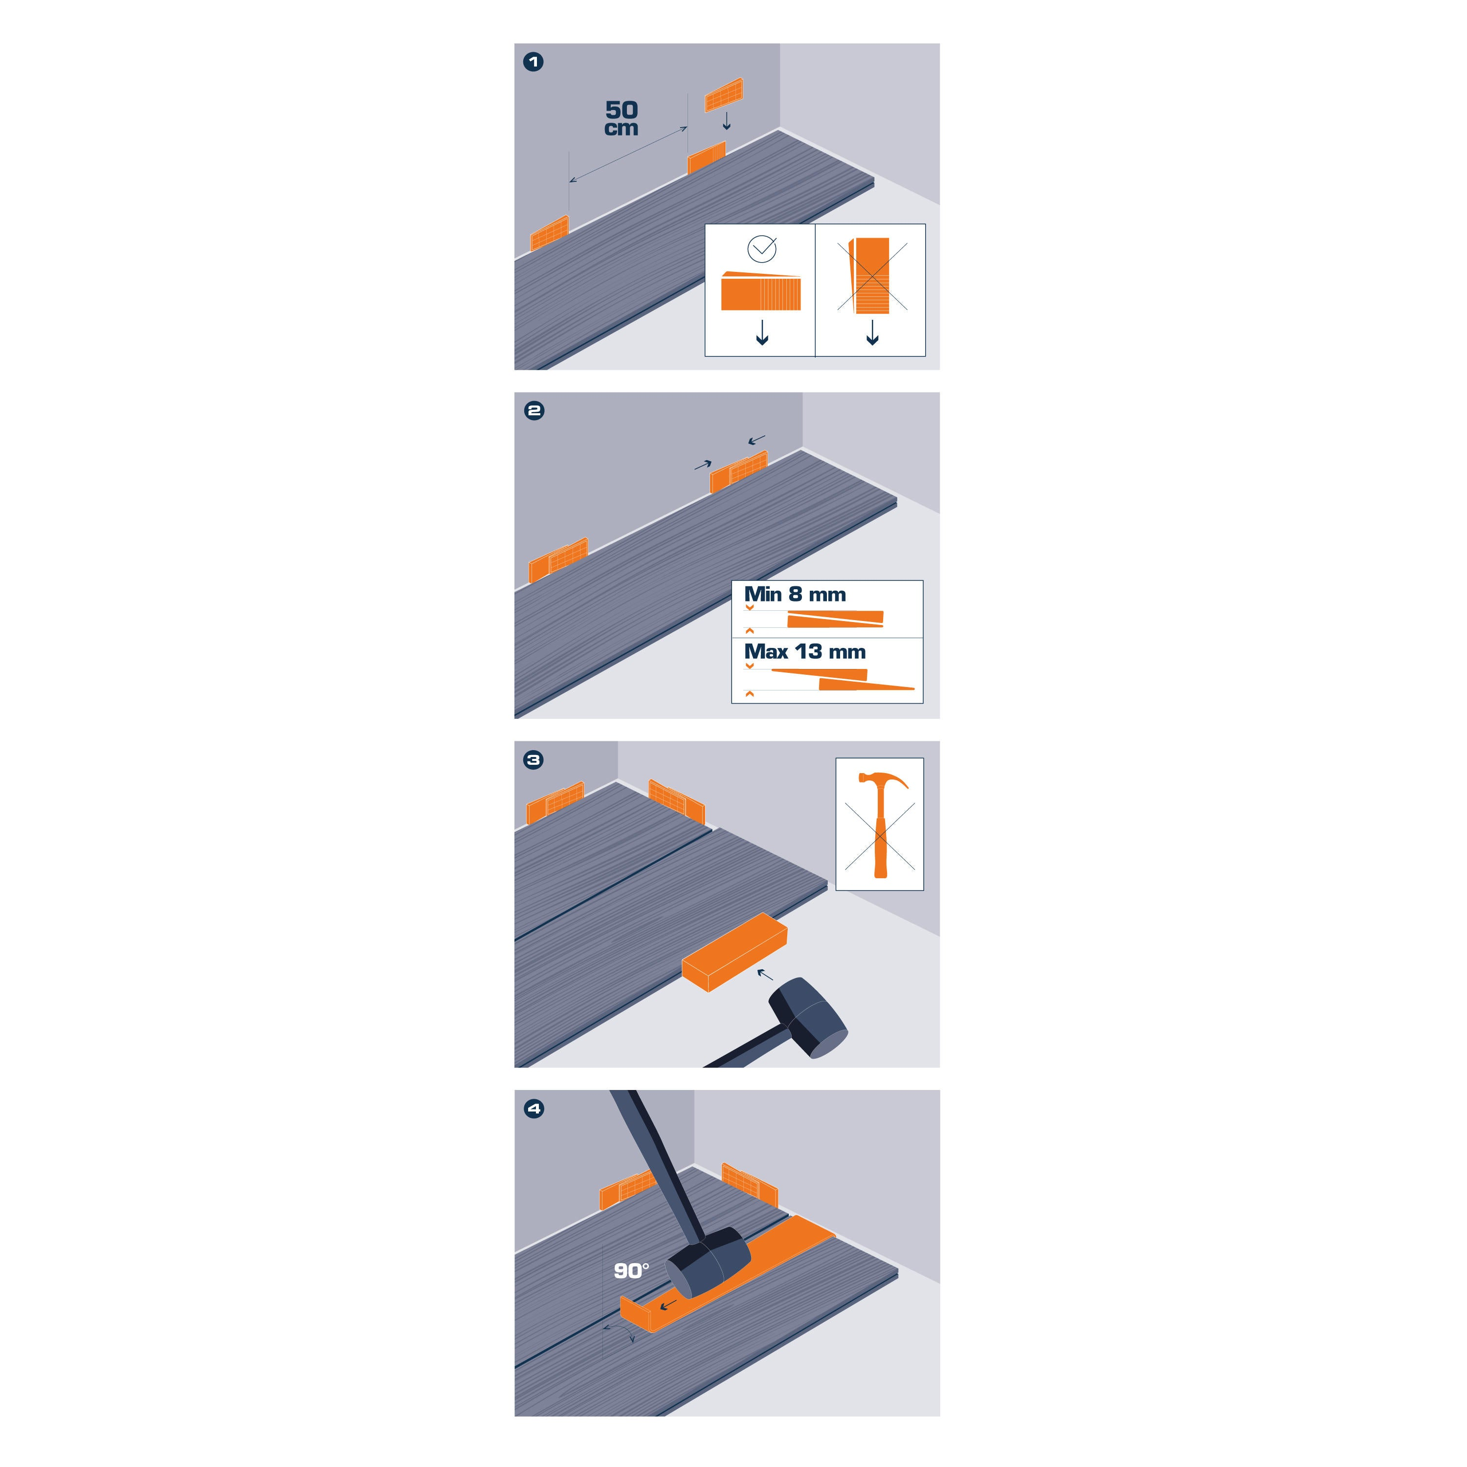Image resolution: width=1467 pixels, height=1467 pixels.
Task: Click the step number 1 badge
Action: [534, 62]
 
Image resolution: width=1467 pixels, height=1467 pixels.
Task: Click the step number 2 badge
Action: [534, 411]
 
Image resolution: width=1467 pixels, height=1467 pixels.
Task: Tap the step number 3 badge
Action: [534, 760]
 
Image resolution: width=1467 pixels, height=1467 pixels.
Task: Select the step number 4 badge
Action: [534, 1109]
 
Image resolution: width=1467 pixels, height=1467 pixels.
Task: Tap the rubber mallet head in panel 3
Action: [809, 1018]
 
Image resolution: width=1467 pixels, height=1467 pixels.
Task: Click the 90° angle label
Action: [631, 1271]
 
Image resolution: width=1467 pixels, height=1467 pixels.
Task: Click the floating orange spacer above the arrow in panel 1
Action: [724, 95]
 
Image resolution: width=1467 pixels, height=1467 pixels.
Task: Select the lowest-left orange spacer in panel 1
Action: [550, 233]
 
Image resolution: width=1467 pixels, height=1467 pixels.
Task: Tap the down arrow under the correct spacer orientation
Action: [762, 333]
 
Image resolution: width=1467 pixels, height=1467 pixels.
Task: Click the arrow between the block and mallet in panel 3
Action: [765, 974]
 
